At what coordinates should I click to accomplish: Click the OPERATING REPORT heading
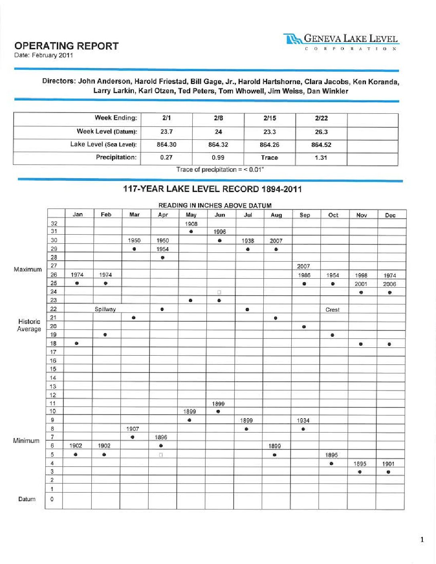pyautogui.click(x=66, y=46)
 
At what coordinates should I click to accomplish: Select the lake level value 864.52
pyautogui.click(x=321, y=145)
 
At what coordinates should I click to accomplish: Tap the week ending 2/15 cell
pyautogui.click(x=270, y=118)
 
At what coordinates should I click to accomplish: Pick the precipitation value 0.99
pyautogui.click(x=218, y=157)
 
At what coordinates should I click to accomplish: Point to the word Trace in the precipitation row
pyautogui.click(x=270, y=157)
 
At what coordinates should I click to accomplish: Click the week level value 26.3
pyautogui.click(x=321, y=132)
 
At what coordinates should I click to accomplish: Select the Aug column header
pyautogui.click(x=276, y=215)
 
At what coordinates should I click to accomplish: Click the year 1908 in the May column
pyautogui.click(x=191, y=224)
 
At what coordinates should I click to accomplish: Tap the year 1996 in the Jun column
pyautogui.click(x=220, y=232)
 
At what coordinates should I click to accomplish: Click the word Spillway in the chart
pyautogui.click(x=105, y=309)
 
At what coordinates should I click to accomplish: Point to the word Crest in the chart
pyautogui.click(x=332, y=310)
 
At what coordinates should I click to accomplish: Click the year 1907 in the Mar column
pyautogui.click(x=133, y=429)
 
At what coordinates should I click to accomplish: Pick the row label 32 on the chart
pyautogui.click(x=54, y=224)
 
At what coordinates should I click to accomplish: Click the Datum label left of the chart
pyautogui.click(x=27, y=499)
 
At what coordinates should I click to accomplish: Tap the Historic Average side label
pyautogui.click(x=29, y=325)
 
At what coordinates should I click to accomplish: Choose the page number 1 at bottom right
pyautogui.click(x=422, y=540)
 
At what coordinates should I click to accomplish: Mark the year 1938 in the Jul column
pyautogui.click(x=248, y=241)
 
